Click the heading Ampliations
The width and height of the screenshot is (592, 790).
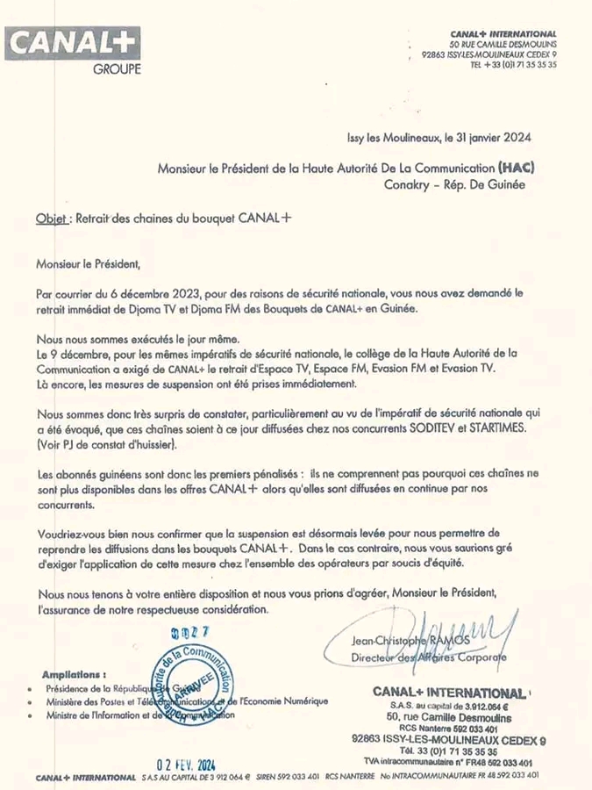pyautogui.click(x=75, y=674)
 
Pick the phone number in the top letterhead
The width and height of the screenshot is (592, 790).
pyautogui.click(x=513, y=64)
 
